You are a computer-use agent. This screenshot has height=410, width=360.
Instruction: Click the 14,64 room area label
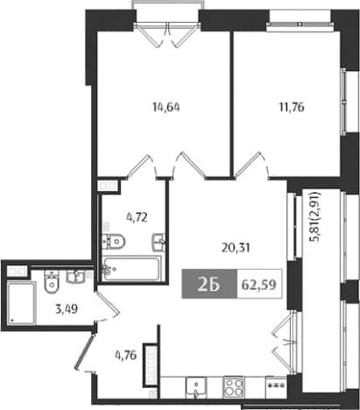click(x=166, y=108)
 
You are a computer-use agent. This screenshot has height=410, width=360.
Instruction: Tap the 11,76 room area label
click(x=292, y=108)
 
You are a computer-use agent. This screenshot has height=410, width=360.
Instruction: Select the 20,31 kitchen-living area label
click(x=236, y=248)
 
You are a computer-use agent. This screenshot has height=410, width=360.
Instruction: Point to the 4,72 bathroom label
click(x=137, y=217)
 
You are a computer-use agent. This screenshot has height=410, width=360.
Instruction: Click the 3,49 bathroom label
click(x=67, y=308)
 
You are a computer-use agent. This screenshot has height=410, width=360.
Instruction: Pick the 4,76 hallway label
click(x=125, y=356)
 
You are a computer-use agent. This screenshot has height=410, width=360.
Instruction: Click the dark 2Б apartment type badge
click(x=209, y=284)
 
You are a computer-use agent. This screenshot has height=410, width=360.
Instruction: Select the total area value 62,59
click(x=259, y=285)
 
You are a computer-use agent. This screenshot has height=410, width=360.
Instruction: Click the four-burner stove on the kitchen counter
click(x=233, y=386)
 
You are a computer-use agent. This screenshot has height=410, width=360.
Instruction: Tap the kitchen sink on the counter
click(x=196, y=387)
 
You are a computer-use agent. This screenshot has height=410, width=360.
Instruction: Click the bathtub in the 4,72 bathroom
click(x=131, y=268)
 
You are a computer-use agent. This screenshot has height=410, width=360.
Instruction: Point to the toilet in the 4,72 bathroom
click(x=114, y=241)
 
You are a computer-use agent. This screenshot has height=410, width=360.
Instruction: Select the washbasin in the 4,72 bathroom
click(x=159, y=242)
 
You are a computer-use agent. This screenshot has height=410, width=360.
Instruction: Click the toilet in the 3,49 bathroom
click(x=52, y=281)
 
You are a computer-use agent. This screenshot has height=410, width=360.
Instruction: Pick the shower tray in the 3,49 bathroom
click(x=21, y=302)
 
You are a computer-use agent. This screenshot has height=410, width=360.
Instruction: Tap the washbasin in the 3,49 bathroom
click(x=75, y=276)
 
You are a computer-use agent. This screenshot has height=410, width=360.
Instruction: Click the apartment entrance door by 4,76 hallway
click(x=85, y=351)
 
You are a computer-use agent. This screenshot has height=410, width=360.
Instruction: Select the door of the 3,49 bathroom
click(x=109, y=303)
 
